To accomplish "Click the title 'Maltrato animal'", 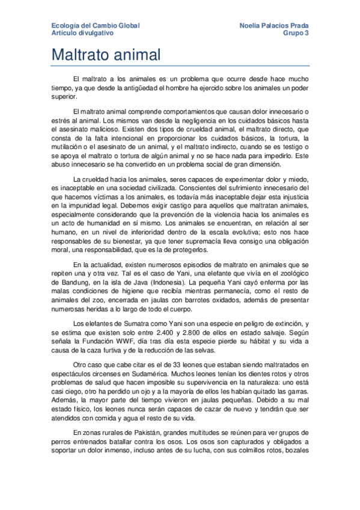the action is [106, 56].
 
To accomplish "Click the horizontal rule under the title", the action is [180, 66].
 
